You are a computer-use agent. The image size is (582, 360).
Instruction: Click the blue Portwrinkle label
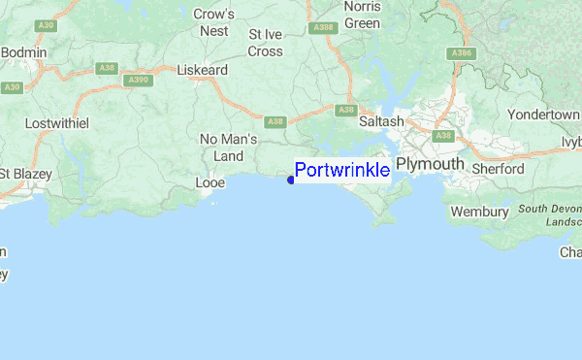(342, 171)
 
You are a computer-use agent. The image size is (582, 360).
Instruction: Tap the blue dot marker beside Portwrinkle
(291, 180)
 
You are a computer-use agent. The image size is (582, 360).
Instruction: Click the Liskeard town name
(202, 71)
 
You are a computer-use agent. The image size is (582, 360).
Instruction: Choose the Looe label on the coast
(210, 182)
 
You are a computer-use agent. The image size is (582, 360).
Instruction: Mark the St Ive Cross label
(265, 42)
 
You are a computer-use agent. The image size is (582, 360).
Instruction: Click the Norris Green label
(362, 15)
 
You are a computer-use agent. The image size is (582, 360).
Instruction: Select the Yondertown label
(543, 115)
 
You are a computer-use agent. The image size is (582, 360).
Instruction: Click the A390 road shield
(140, 79)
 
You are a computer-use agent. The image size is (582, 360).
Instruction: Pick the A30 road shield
(12, 87)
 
